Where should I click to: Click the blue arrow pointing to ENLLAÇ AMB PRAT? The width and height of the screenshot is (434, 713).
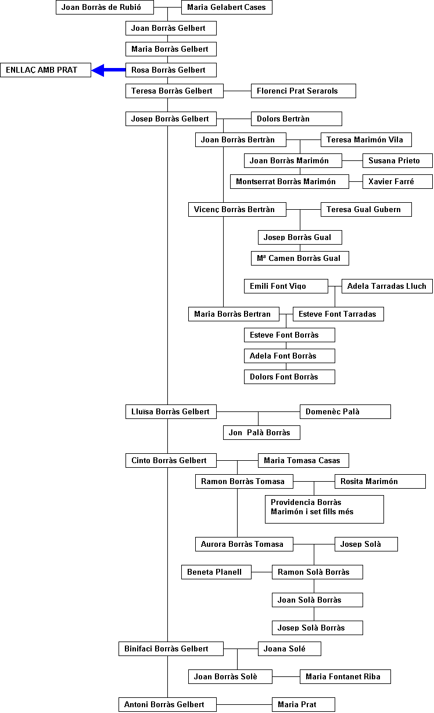click(108, 70)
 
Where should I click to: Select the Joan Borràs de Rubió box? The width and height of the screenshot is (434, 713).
click(105, 8)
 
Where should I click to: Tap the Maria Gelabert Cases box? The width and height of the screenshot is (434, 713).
click(227, 8)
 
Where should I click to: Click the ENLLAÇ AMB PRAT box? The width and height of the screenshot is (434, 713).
click(45, 70)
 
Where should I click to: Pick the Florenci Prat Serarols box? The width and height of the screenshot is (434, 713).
click(303, 91)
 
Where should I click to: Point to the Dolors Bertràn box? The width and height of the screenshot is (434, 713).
click(296, 119)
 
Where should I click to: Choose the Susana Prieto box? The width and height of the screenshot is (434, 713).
click(398, 161)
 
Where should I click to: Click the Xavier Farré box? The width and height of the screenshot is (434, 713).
click(398, 182)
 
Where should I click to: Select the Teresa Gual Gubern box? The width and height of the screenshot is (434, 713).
click(366, 209)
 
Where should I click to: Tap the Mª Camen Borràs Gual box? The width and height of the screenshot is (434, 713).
click(300, 259)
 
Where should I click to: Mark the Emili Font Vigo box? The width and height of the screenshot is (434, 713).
click(286, 286)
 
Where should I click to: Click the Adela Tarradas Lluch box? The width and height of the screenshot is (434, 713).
click(387, 286)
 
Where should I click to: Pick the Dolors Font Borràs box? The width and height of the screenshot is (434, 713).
click(289, 377)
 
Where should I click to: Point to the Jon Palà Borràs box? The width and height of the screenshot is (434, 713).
click(261, 433)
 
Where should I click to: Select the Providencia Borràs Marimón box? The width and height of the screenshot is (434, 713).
click(325, 509)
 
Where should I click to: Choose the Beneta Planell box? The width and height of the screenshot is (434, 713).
click(216, 572)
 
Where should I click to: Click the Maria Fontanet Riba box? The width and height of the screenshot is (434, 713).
click(345, 677)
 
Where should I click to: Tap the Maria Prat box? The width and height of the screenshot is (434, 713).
click(303, 705)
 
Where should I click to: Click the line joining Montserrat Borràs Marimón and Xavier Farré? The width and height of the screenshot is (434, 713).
click(356, 182)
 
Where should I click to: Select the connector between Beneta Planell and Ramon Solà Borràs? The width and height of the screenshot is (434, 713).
click(261, 572)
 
